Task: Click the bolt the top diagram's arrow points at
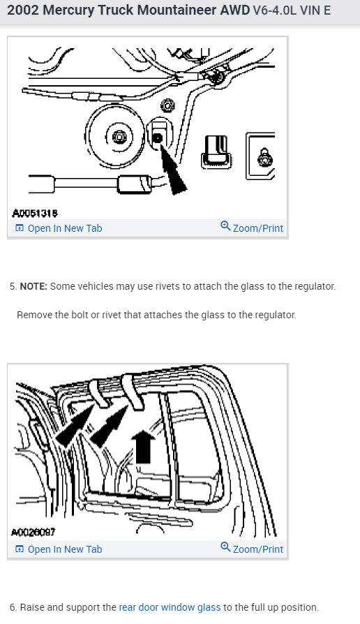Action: point(158,139)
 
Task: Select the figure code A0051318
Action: point(34,212)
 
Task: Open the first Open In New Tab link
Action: point(64,228)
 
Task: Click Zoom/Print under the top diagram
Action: point(257,228)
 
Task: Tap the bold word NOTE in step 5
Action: point(33,287)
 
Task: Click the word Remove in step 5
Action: point(33,315)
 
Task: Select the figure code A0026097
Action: point(34,533)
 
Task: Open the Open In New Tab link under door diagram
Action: point(64,549)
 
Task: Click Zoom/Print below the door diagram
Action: point(257,549)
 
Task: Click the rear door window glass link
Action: point(170,607)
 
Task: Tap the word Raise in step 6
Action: point(33,607)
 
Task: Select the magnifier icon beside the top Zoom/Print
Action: point(225,227)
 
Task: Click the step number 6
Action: point(13,607)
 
